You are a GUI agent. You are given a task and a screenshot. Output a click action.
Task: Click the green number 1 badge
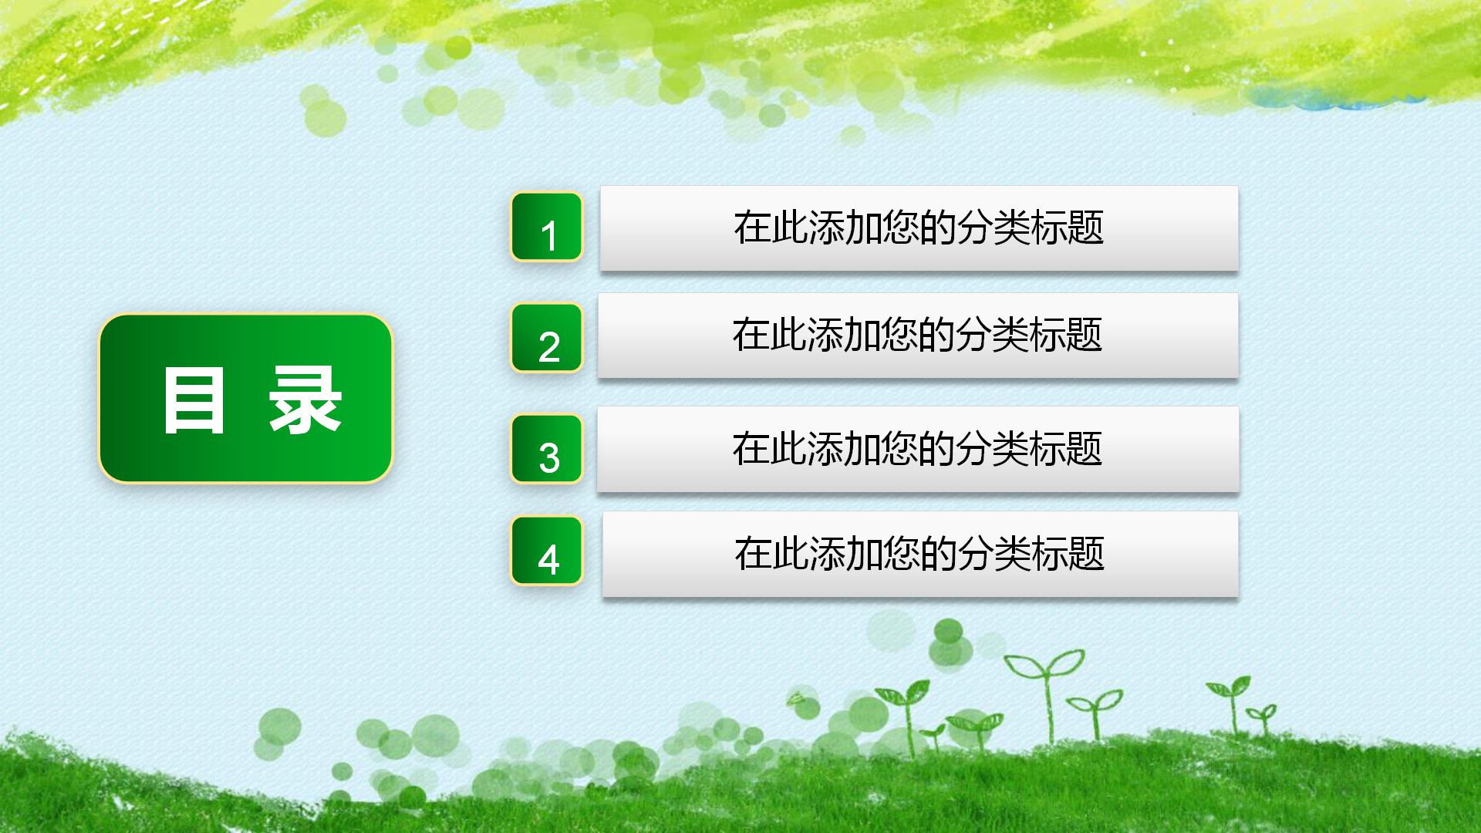[x=546, y=227]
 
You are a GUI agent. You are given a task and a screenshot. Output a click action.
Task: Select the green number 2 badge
[x=546, y=338]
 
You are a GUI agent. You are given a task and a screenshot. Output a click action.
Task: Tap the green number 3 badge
[x=546, y=449]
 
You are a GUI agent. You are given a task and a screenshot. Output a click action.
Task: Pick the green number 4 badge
[x=546, y=551]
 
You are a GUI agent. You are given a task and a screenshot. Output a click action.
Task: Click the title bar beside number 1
[x=919, y=228]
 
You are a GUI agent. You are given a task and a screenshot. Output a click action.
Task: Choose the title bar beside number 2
[x=918, y=336]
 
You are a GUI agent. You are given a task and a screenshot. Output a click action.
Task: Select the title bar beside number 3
[x=918, y=449]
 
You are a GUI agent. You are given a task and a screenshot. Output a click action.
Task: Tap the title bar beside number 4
[x=919, y=554]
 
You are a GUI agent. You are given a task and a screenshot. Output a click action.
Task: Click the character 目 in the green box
[x=194, y=400]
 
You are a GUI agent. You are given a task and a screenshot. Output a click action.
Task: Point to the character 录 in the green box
[x=305, y=400]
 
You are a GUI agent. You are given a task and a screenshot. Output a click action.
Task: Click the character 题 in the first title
[x=1085, y=228]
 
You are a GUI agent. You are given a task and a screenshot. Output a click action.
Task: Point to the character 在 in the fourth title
[x=753, y=554]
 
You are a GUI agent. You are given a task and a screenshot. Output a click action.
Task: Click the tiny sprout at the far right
[x=1263, y=717]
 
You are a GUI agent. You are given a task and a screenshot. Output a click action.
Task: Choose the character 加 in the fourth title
[x=864, y=554]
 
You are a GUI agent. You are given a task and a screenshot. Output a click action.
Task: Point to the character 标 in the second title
[x=1047, y=336]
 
